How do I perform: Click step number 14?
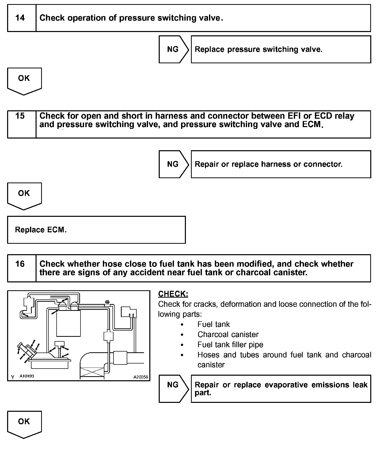(x=20, y=18)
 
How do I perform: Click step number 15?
(x=20, y=116)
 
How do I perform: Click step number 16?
(x=20, y=264)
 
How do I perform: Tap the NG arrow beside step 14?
(x=173, y=49)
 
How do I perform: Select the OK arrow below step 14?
(x=24, y=80)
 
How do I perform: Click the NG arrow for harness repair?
(x=173, y=164)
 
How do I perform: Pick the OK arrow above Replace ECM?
(x=24, y=195)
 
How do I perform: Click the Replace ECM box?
(x=96, y=230)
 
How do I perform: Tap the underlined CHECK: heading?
(x=173, y=294)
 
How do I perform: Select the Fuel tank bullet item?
(x=213, y=324)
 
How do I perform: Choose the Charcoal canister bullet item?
(x=228, y=335)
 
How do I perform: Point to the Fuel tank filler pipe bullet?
(x=230, y=345)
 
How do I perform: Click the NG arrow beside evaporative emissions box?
(x=173, y=388)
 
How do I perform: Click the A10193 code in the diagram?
(x=27, y=376)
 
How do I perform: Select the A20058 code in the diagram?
(x=141, y=377)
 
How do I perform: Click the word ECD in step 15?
(x=323, y=116)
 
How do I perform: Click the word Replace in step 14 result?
(x=210, y=49)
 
